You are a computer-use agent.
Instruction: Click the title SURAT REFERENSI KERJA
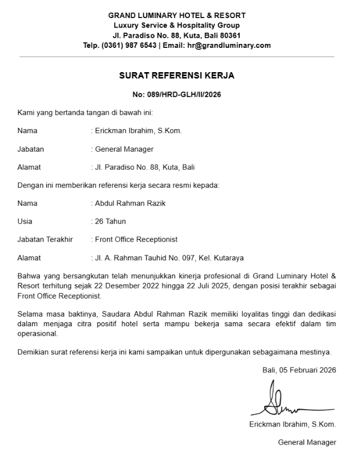[176, 75]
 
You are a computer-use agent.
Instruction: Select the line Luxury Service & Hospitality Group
[176, 25]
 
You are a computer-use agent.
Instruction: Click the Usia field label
[25, 221]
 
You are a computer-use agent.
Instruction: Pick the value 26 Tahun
[110, 221]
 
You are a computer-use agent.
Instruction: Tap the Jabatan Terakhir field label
[45, 239]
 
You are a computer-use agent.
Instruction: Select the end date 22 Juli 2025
[203, 286]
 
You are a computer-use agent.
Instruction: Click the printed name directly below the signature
[292, 424]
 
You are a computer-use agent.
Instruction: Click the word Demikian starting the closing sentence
[34, 352]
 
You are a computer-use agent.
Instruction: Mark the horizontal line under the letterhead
[176, 57]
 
